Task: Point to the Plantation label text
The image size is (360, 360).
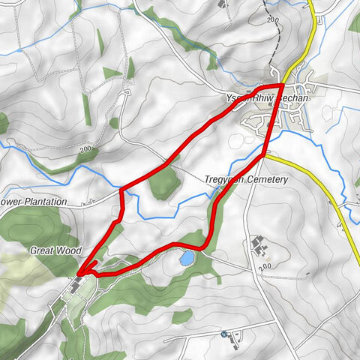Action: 40,202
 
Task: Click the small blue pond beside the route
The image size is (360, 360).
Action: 186,258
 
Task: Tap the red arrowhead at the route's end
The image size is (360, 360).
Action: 80,272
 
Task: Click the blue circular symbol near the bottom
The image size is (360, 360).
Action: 223,332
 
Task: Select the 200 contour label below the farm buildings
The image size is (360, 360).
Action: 264,267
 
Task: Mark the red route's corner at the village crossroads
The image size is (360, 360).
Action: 280,87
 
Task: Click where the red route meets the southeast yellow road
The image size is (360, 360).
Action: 264,155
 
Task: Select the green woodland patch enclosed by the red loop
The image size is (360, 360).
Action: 163,182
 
